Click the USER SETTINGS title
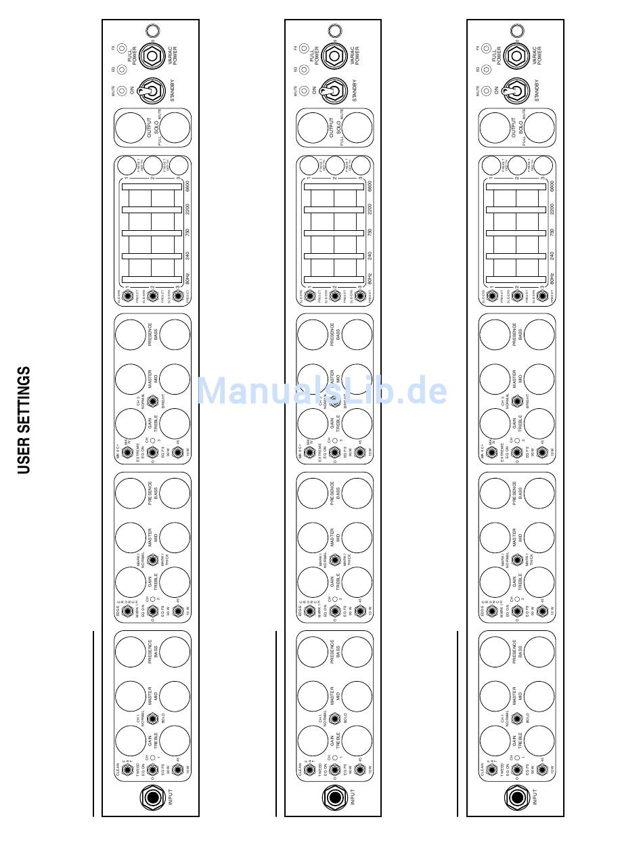click(x=24, y=420)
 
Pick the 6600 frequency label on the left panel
click(x=186, y=188)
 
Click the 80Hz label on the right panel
click(x=552, y=278)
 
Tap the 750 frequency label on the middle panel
click(x=369, y=232)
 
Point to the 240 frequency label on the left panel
click(x=186, y=256)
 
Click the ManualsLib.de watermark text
click(x=321, y=391)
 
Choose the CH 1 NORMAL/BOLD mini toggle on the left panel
click(x=152, y=718)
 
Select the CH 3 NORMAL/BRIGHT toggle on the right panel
click(x=517, y=401)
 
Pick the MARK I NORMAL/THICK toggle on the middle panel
click(x=334, y=560)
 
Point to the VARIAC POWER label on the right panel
click(x=535, y=56)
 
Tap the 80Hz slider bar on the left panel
click(x=152, y=279)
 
